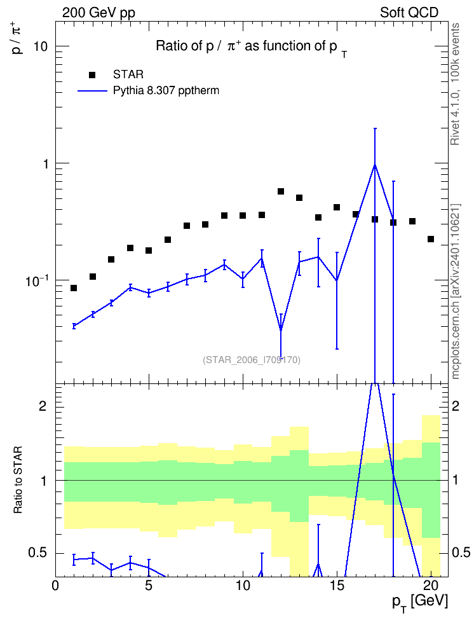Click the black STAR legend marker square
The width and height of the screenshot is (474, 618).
92,75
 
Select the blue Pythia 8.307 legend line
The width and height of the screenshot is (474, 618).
92,91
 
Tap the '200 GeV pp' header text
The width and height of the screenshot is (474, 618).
98,13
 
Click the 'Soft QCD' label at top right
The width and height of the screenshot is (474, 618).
409,13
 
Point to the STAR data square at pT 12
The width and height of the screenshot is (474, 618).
281,191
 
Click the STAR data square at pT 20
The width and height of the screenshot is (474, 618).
431,239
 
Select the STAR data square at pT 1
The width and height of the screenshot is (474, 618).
74,288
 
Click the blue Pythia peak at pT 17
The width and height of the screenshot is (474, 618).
375,164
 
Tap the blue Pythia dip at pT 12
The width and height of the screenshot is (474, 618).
281,329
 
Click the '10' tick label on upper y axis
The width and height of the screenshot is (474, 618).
41,46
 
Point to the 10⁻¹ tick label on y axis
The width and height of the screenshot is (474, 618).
36,280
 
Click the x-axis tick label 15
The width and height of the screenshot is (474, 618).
337,586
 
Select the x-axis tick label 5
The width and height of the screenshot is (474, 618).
149,586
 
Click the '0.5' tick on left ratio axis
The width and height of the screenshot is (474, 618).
37,553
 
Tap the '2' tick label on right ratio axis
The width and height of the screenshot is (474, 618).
456,406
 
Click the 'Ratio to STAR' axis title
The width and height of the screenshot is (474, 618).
18,479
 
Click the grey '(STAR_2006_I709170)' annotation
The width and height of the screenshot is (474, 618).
252,360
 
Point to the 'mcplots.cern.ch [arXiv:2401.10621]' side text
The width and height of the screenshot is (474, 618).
456,291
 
